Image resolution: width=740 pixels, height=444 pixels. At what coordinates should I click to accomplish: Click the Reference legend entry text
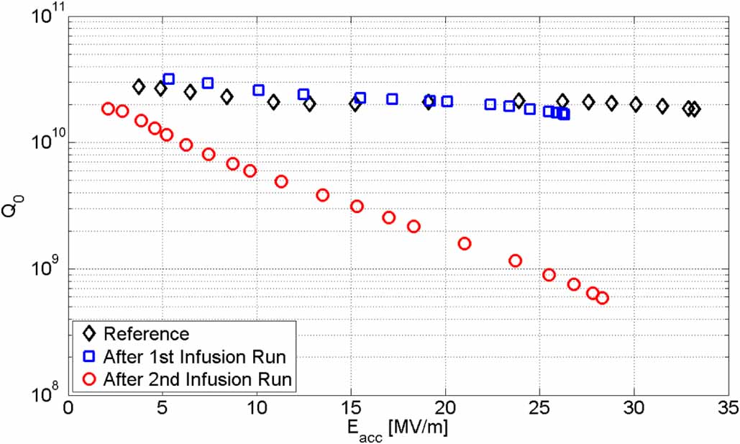[146, 334]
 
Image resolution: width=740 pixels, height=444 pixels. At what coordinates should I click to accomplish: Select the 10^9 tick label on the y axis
[47, 268]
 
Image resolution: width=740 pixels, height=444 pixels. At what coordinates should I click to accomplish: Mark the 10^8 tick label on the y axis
[47, 394]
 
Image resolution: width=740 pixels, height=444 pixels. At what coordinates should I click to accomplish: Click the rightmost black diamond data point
[694, 109]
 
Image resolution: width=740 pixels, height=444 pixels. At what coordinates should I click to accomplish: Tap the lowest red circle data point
[602, 298]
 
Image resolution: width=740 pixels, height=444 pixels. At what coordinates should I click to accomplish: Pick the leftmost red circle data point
[108, 109]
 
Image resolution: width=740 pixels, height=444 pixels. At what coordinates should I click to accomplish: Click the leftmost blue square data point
[168, 79]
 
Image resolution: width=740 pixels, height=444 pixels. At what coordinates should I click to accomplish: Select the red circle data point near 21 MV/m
[465, 243]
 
